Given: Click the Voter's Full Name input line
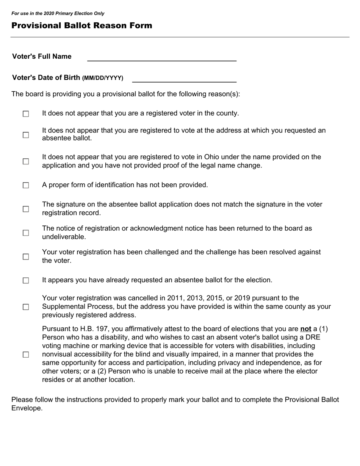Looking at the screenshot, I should point(162,57).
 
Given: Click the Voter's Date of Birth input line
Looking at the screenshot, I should point(184,78).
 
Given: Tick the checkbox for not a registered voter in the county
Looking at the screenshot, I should point(26,114).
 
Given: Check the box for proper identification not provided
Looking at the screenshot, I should point(26,185).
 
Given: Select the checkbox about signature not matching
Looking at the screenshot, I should point(26,209).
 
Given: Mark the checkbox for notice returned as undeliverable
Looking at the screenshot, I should point(26,233).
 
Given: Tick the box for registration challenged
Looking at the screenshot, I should point(26,257).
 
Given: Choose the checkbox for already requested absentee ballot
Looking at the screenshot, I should point(26,281).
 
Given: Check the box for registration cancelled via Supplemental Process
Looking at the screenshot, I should point(26,307).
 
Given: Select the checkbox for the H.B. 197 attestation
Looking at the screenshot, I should point(26,355).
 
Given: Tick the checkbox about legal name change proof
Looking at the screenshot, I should point(26,161).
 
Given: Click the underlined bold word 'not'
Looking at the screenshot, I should point(305,329).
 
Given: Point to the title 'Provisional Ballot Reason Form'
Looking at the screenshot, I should point(82,26).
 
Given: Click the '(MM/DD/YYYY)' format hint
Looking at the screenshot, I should point(103,78).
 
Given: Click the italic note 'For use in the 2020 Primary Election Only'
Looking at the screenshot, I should point(58,13).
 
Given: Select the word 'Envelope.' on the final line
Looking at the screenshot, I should point(27,408).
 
